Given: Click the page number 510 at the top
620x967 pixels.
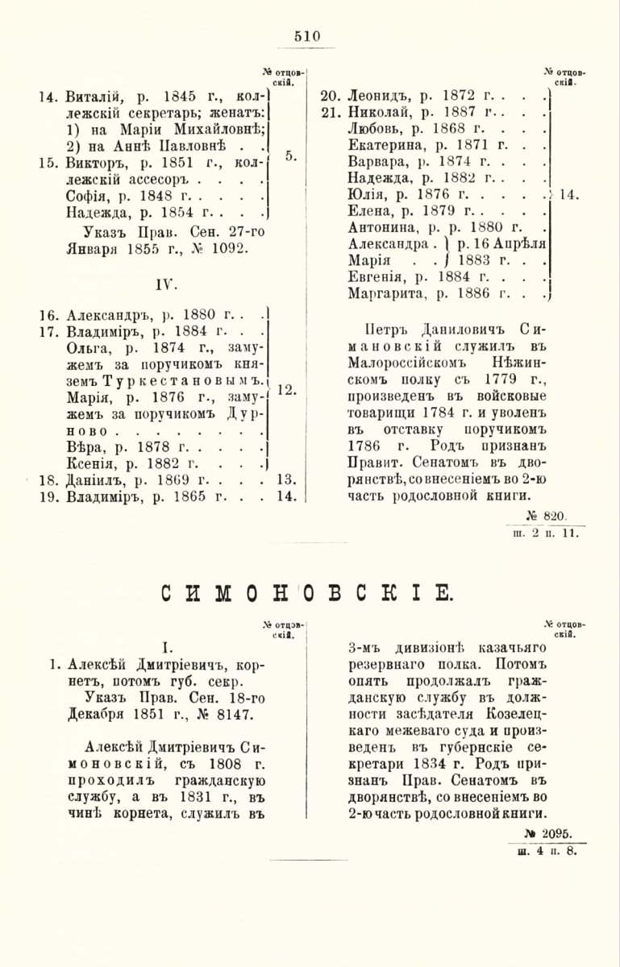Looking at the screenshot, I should tap(307, 35).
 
